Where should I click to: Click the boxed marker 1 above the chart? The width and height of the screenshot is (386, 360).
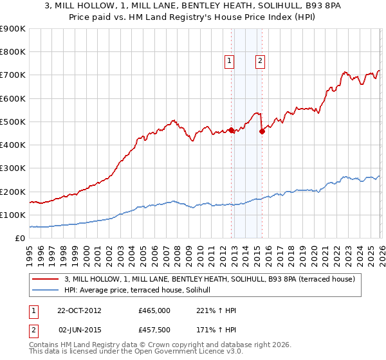pos(230,61)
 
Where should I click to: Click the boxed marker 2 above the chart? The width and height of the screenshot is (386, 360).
pos(260,61)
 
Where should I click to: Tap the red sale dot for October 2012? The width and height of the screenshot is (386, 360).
pos(231,130)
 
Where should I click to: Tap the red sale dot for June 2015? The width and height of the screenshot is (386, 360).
pos(262,132)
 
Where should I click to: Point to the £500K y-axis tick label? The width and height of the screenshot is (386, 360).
pos(13,122)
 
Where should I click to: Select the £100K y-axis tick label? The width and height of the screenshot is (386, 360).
pos(13,215)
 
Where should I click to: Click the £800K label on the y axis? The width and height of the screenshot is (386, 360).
pos(13,52)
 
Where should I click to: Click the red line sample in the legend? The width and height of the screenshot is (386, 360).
pos(46,279)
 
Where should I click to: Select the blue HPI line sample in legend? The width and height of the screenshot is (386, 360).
pos(46,291)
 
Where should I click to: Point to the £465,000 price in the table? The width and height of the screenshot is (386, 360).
pos(154,310)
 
